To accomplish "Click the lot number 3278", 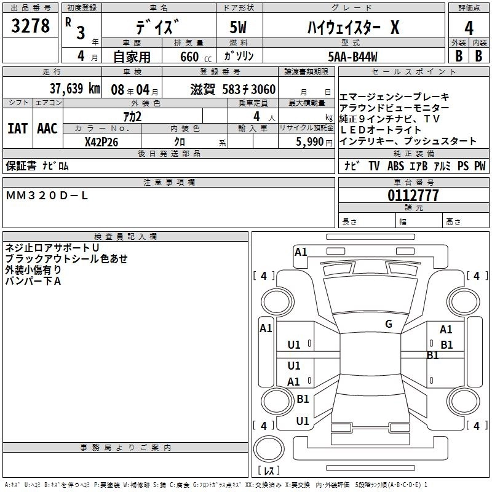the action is click(x=31, y=26).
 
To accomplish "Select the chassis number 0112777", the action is click(x=413, y=196).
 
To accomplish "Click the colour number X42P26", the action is click(x=101, y=141).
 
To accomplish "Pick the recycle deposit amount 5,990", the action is click(x=309, y=141).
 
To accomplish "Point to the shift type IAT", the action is click(x=17, y=129).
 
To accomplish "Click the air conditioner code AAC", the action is click(x=47, y=129).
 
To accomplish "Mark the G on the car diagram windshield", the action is click(x=389, y=324).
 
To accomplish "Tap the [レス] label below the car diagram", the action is click(x=268, y=470).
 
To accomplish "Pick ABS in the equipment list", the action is click(x=395, y=166).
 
